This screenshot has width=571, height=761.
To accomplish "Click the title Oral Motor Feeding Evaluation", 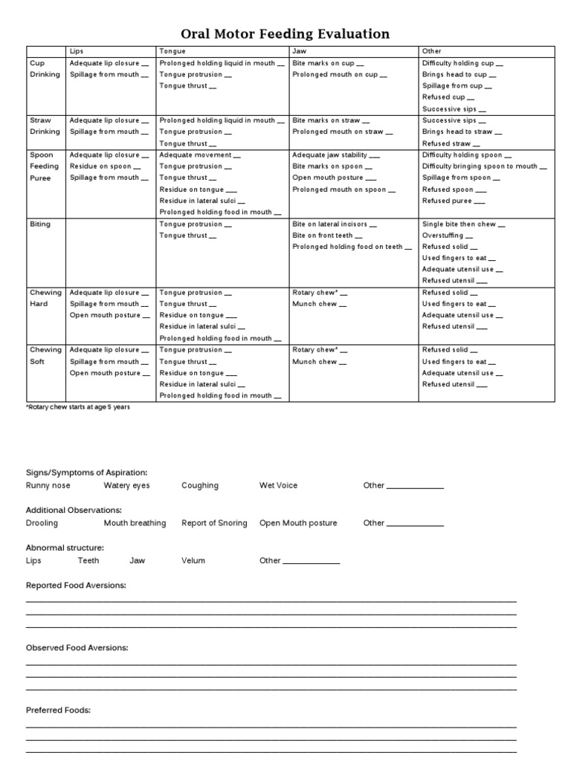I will click(285, 34).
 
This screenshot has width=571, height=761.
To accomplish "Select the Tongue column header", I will click(167, 51).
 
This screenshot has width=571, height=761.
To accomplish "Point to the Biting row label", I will click(39, 224).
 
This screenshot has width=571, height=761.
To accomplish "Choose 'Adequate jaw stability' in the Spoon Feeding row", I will click(336, 155).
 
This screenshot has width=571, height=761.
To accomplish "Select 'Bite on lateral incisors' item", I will click(334, 224).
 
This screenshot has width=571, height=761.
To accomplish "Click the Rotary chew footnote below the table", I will click(73, 407).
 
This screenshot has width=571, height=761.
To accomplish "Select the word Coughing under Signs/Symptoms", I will click(200, 485).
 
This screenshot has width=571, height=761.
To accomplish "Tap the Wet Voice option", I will click(278, 485).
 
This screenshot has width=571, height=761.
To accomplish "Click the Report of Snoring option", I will click(214, 523).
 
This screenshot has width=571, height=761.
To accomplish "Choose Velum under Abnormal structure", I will click(193, 560).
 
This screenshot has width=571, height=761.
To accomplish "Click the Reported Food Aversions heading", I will click(76, 586).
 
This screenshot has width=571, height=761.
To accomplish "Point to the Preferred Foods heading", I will click(58, 710).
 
